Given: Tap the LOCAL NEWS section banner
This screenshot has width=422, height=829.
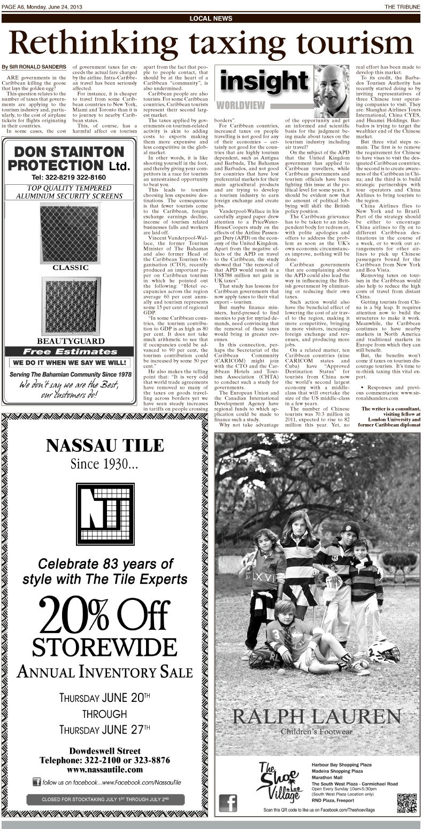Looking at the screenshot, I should [211, 19].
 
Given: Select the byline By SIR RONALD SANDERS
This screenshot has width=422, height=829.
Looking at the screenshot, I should [34, 67].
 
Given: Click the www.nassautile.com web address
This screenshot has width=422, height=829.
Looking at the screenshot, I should [104, 770].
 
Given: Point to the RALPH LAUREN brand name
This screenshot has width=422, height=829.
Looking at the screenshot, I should [317, 717].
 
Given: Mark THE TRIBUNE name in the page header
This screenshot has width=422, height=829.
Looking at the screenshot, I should [402, 6].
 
